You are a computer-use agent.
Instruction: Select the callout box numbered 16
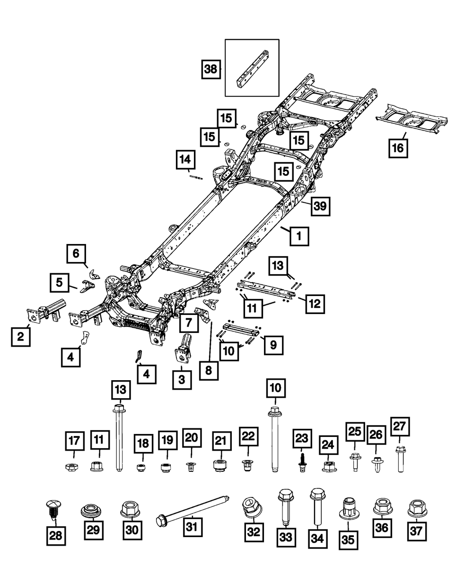[x=398, y=148]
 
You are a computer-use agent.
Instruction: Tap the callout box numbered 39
[x=321, y=207]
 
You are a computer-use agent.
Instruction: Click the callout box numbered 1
[x=299, y=235]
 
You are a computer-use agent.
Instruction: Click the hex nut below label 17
[x=74, y=467]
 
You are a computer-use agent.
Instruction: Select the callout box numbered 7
[x=188, y=324]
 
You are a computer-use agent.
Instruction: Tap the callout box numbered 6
[x=76, y=254]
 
